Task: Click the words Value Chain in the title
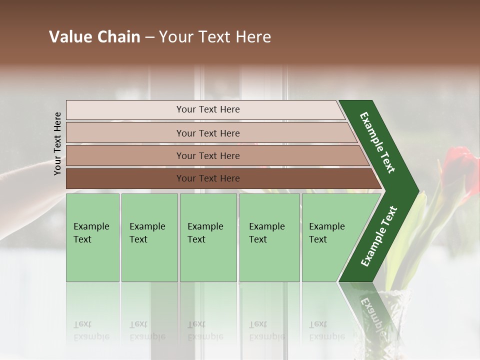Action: click(94, 37)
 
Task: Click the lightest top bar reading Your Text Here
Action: click(207, 109)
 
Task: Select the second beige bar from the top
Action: click(207, 133)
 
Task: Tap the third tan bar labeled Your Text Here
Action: click(207, 155)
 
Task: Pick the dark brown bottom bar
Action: click(207, 178)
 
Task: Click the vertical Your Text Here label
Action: click(57, 143)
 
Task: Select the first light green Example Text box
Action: click(92, 237)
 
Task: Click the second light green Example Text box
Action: click(149, 237)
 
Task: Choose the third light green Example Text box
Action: click(208, 237)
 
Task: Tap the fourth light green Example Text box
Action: click(269, 237)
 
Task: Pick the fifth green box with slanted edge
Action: click(327, 237)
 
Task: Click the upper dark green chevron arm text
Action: click(377, 142)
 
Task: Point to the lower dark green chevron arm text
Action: click(378, 236)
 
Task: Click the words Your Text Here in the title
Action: click(215, 37)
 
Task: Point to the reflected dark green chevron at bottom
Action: click(370, 310)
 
